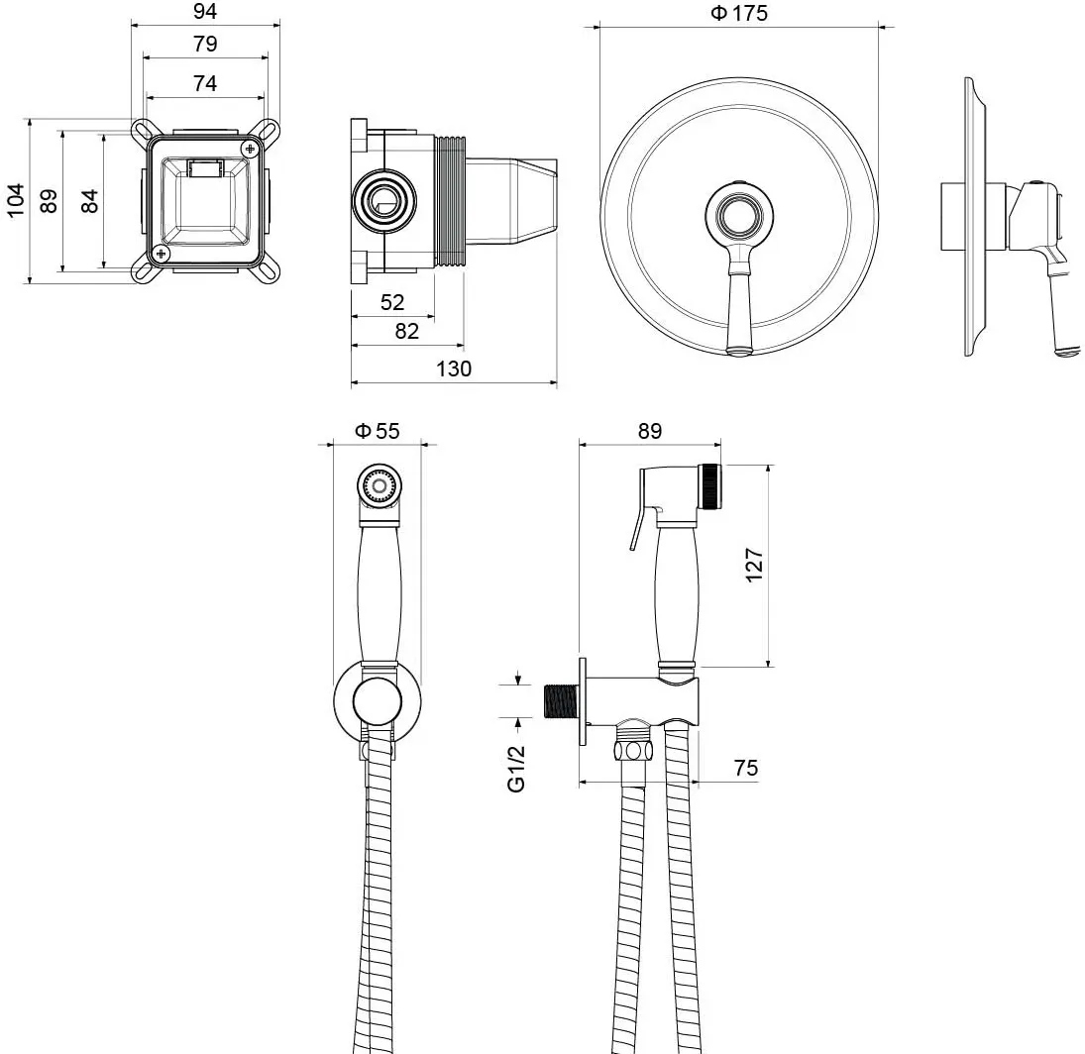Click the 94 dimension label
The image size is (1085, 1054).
pyautogui.click(x=205, y=11)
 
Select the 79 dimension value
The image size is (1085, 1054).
pyautogui.click(x=205, y=44)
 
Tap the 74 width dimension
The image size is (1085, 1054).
pyautogui.click(x=205, y=83)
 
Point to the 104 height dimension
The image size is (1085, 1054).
pyautogui.click(x=15, y=200)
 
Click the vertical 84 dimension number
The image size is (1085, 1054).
pyautogui.click(x=90, y=200)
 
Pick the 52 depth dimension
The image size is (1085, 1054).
pyautogui.click(x=392, y=302)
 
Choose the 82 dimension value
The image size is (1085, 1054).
pyautogui.click(x=407, y=331)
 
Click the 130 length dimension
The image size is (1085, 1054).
pyautogui.click(x=454, y=369)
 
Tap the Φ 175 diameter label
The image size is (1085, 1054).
pyautogui.click(x=739, y=13)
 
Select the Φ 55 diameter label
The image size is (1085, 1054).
pyautogui.click(x=378, y=431)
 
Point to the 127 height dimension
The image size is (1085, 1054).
pyautogui.click(x=754, y=566)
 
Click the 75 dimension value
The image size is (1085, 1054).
pyautogui.click(x=746, y=768)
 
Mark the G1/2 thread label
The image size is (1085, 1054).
pyautogui.click(x=517, y=769)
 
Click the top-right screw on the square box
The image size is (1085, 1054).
pyautogui.click(x=250, y=148)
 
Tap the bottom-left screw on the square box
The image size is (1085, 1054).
pyautogui.click(x=162, y=254)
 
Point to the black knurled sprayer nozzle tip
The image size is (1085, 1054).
pyautogui.click(x=709, y=487)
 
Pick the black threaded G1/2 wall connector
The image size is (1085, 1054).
pyautogui.click(x=561, y=701)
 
